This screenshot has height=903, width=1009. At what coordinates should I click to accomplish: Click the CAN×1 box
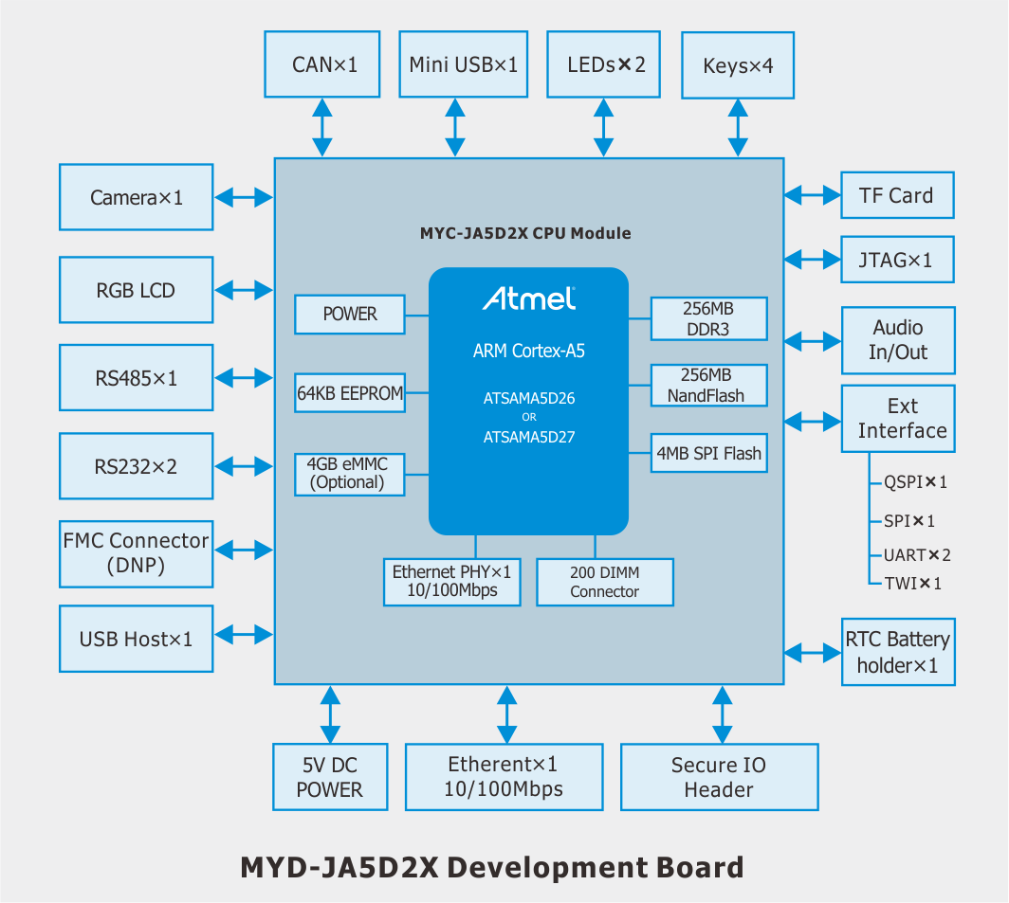coord(322,64)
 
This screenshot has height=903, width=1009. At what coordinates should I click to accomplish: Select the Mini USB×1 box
coord(464,64)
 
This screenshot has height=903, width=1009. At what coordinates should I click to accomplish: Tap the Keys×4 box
coord(738,65)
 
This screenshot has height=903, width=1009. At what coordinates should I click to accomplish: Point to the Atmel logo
coord(529,298)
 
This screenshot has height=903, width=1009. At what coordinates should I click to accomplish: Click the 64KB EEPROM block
coord(350,393)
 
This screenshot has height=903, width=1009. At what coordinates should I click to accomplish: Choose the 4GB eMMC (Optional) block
coord(350,475)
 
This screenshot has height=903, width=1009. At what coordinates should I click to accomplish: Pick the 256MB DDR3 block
coord(709,319)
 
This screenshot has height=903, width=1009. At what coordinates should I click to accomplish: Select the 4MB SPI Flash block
coord(709,454)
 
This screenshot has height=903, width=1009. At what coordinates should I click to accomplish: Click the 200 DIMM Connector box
coord(605,582)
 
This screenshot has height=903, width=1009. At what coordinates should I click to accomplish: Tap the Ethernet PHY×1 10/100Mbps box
coord(452,582)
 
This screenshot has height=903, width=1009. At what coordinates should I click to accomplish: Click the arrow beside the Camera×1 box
coord(244,197)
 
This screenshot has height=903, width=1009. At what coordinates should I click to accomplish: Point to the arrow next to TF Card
coord(813,195)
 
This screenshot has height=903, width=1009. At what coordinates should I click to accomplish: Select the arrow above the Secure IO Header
coord(723,714)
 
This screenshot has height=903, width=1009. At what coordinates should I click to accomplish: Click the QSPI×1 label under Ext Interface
coord(915,482)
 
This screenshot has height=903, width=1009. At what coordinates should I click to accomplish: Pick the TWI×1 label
coord(912,584)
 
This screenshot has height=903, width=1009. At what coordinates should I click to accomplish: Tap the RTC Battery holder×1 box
coord(898,652)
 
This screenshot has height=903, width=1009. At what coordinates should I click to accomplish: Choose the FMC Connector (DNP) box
coord(137,553)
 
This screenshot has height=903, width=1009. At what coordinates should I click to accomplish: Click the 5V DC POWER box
coord(330,777)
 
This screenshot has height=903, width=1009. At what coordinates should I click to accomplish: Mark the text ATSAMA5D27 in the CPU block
coord(529,438)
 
